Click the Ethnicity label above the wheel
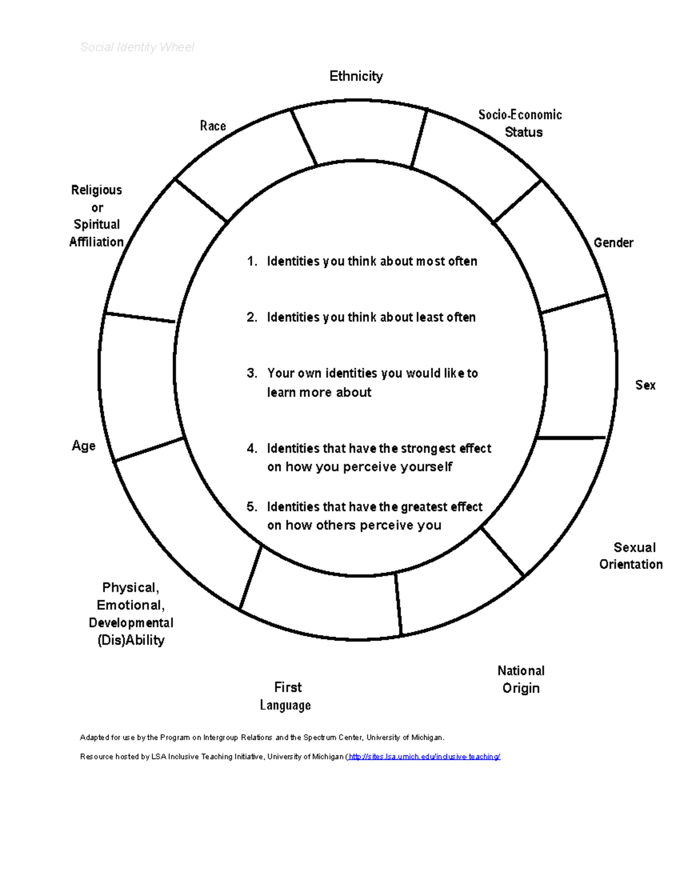356,76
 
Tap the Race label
213,126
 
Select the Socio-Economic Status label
521,124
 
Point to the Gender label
613,243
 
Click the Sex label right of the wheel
645,385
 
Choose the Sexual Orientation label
631,556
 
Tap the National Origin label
521,679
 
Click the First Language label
286,696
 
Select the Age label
83,446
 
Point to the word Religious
96,190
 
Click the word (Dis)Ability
131,640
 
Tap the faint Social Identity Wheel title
137,47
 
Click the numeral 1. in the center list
252,261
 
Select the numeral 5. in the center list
252,507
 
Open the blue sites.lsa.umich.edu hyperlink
424,756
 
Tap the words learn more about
319,392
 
